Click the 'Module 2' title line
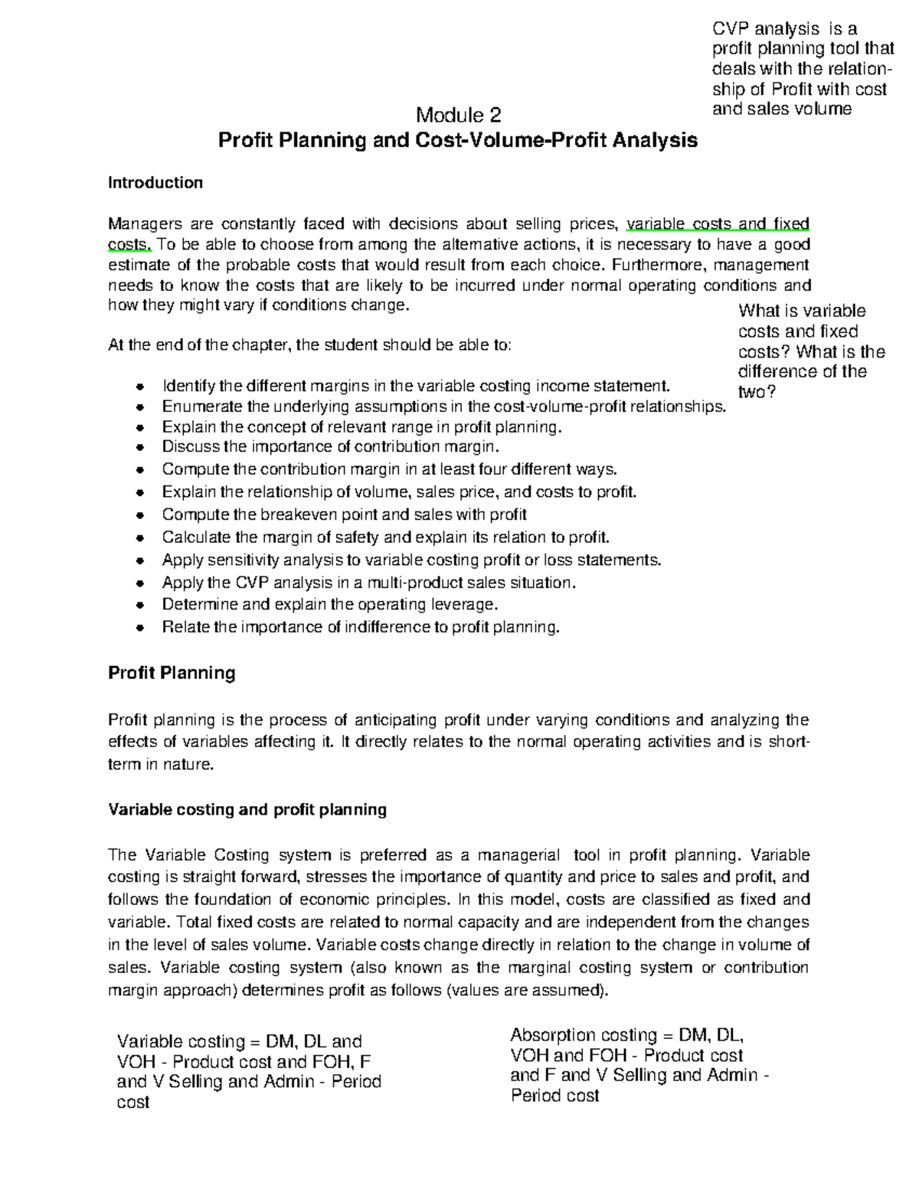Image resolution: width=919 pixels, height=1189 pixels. (x=458, y=116)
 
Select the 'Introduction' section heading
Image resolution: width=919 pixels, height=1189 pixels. (x=155, y=182)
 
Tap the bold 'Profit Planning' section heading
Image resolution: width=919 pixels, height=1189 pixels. (x=171, y=673)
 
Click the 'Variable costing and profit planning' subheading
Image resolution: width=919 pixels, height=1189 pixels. (x=247, y=809)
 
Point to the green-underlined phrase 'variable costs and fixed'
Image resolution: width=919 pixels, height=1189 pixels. (x=718, y=224)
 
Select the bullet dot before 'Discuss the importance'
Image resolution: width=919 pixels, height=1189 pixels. (x=139, y=448)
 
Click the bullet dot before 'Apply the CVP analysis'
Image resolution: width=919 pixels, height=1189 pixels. (x=139, y=583)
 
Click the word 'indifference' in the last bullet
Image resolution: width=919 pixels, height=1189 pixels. (x=385, y=627)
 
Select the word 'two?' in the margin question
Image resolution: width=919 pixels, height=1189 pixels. (x=757, y=392)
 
